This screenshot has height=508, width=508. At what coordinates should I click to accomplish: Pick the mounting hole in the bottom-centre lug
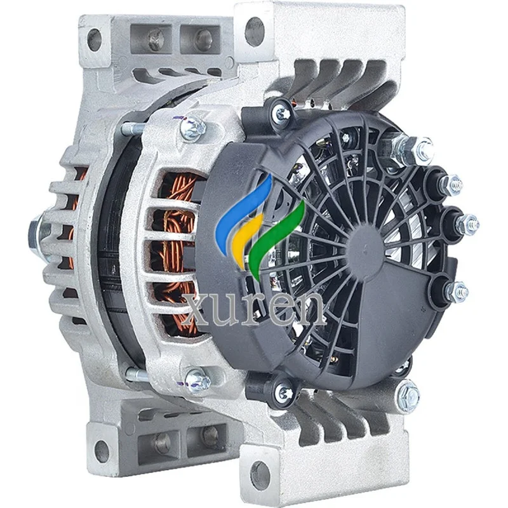(x=260, y=473)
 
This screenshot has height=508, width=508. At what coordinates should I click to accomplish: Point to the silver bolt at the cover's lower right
(x=406, y=396)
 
